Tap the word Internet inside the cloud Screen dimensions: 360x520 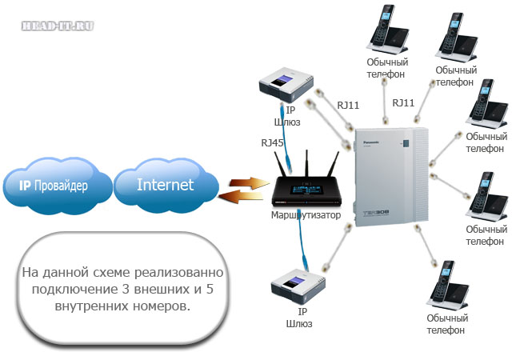click(x=165, y=185)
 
